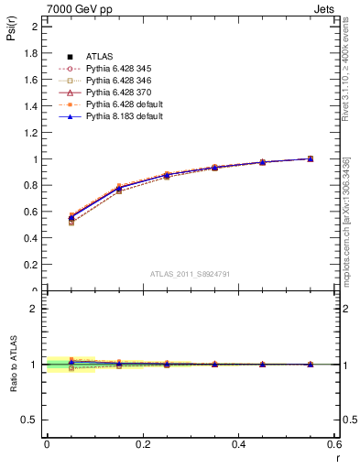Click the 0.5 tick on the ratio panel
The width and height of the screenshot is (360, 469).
tap(31, 420)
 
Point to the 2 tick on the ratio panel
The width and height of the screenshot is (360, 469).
tap(36, 309)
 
